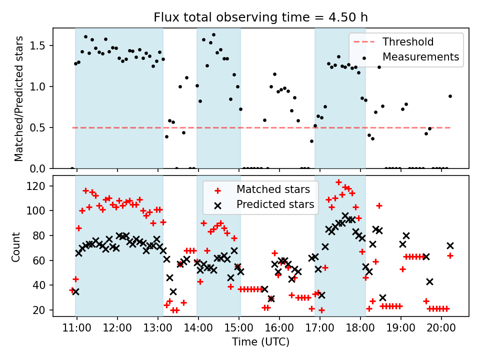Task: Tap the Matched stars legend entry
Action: coord(273,189)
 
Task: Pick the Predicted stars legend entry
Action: coord(275,204)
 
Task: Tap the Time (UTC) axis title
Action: coord(260,342)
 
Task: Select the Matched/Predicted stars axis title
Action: coord(19,99)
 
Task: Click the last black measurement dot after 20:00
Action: coord(450,96)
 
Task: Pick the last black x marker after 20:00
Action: coord(450,245)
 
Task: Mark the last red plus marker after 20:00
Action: coord(450,255)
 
